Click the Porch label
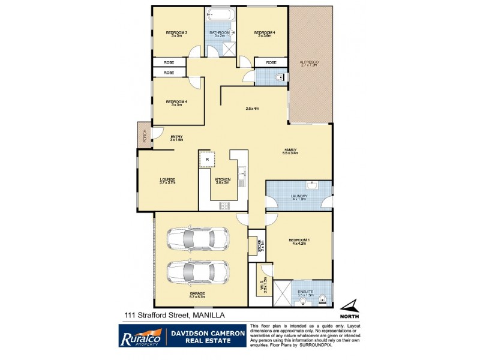click(144, 137)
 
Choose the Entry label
click(176, 137)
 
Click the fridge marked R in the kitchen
click(207, 160)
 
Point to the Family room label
click(290, 151)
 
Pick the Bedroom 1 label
click(298, 242)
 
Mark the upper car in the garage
click(199, 240)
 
